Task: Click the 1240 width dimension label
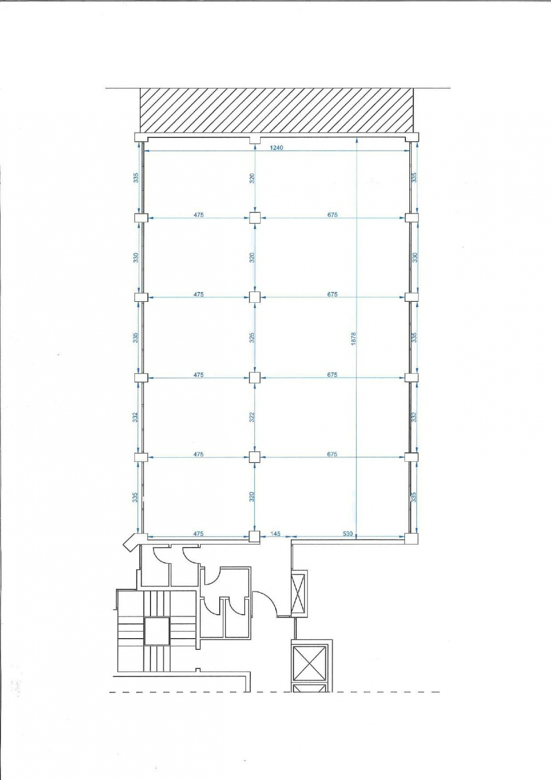(x=276, y=148)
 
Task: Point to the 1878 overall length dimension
(x=353, y=338)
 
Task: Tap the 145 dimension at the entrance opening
(x=275, y=533)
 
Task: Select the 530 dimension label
(x=347, y=533)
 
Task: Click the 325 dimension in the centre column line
(x=252, y=337)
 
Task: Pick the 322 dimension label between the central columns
(x=252, y=417)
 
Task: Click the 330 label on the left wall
(x=136, y=257)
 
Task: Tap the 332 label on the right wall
(x=414, y=417)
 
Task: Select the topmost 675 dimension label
(x=332, y=215)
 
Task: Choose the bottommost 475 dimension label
(x=198, y=533)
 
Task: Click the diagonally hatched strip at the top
(x=277, y=110)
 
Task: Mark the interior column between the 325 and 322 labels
(x=255, y=377)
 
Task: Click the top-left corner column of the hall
(x=141, y=137)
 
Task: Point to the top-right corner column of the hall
(x=413, y=137)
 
